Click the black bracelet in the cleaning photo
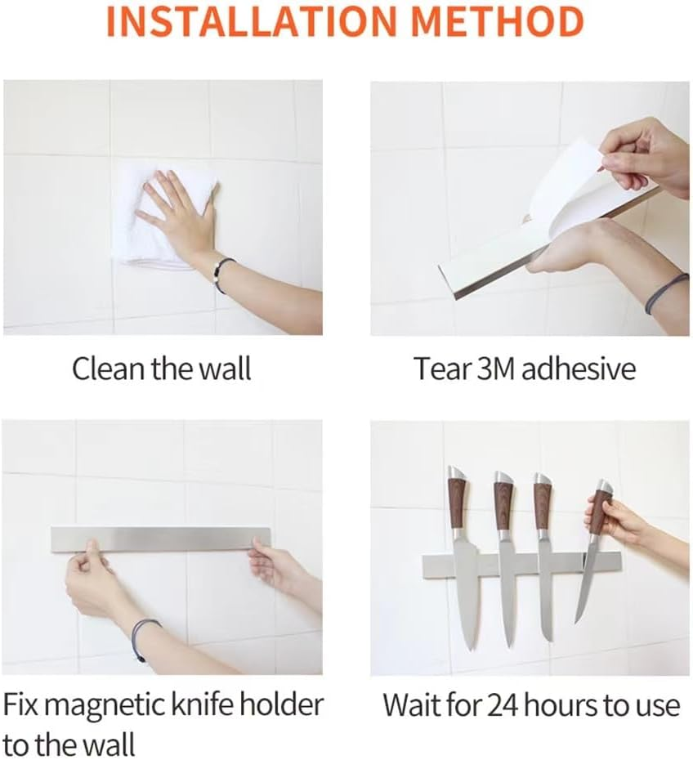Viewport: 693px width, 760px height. [x=221, y=275]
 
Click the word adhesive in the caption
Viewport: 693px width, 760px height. [x=578, y=369]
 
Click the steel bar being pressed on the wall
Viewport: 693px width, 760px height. [x=163, y=538]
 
